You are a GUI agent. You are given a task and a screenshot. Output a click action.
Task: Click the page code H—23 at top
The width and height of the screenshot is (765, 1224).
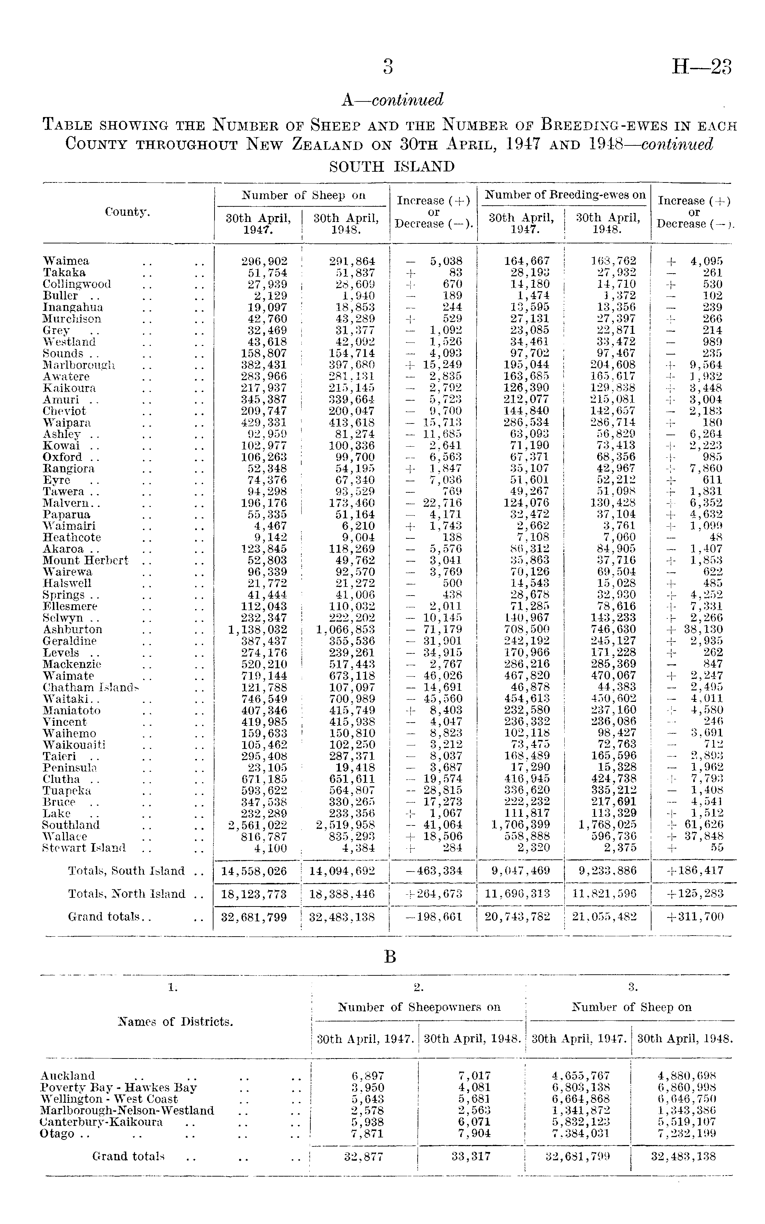coord(701,67)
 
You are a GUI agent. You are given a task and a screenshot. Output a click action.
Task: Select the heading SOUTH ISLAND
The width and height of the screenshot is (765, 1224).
coord(392,167)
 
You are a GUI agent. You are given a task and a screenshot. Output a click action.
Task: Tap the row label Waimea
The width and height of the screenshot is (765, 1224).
coord(66,261)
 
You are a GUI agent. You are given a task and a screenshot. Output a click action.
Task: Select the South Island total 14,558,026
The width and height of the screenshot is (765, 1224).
coord(254,871)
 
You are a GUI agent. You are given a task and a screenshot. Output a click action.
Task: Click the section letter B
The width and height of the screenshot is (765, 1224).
coord(390,956)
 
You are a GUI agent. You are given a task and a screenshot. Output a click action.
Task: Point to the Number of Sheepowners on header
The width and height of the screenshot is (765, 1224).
coord(419,1007)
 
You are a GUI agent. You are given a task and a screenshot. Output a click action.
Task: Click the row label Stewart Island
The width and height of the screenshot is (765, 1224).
coord(84,848)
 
